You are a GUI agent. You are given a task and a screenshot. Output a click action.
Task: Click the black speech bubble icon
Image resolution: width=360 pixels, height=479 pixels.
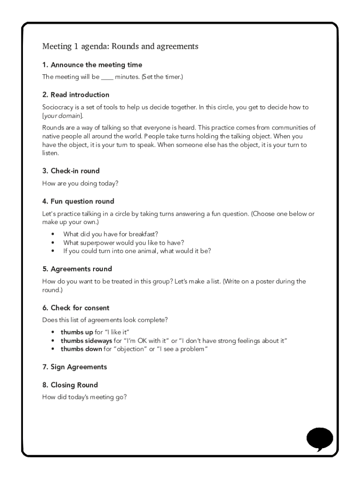click(319, 439)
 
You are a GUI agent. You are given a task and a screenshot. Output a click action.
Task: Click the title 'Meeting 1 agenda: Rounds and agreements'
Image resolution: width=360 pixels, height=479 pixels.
click(120, 46)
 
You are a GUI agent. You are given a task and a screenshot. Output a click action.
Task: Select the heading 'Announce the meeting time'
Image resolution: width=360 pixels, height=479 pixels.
click(96, 65)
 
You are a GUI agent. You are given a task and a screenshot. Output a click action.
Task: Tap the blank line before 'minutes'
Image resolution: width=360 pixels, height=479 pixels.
click(107, 77)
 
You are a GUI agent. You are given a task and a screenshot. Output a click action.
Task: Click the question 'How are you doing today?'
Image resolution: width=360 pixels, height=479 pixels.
click(80, 183)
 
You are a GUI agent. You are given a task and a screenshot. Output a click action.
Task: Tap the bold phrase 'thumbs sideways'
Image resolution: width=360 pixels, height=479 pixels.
click(86, 341)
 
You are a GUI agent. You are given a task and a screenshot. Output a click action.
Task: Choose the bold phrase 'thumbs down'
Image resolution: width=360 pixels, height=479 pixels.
click(81, 349)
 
